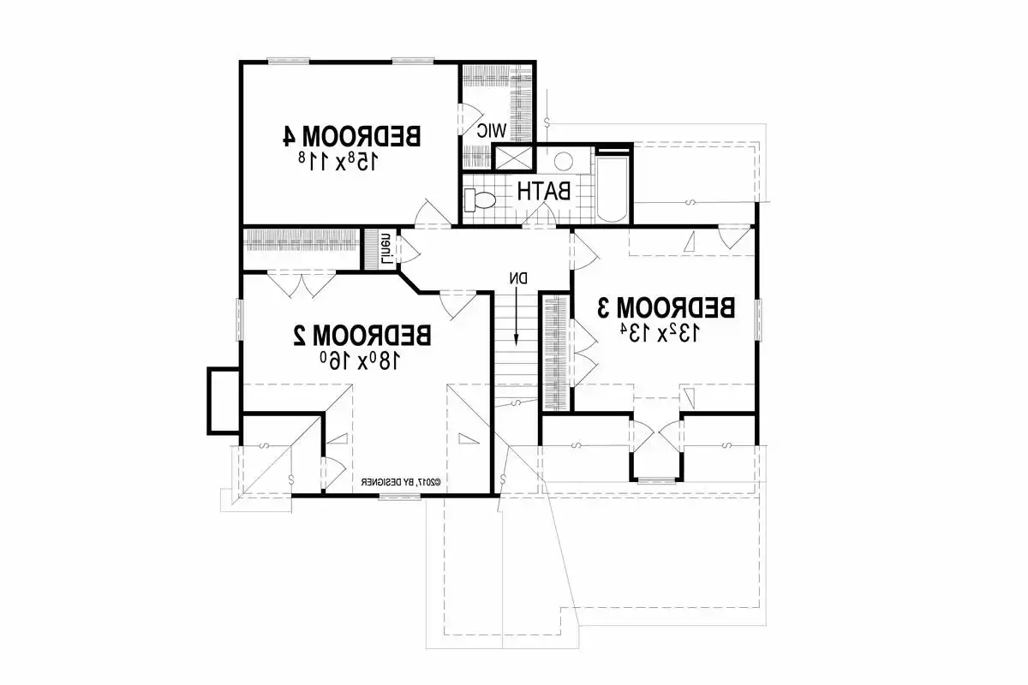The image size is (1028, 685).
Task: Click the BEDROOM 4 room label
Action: (352, 135)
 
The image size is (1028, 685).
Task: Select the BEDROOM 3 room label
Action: (666, 307)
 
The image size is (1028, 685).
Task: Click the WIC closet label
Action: (493, 130)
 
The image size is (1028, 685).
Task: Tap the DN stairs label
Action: (518, 278)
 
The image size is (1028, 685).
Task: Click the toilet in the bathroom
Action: (480, 200)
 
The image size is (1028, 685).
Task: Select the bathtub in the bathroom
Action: (612, 188)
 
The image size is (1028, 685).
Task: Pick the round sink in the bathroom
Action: (563, 162)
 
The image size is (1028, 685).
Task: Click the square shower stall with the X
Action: (512, 158)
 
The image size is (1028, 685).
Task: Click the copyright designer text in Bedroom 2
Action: (400, 483)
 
